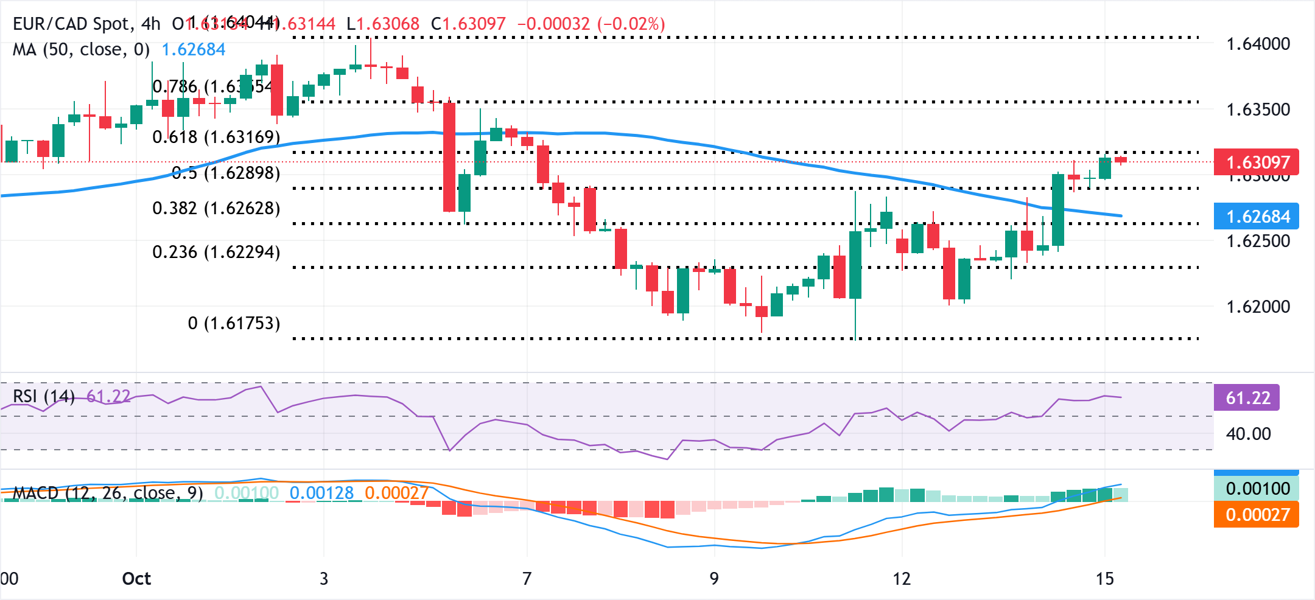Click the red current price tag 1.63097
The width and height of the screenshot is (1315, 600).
pos(1257,162)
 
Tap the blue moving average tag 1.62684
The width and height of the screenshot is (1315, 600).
pos(1257,217)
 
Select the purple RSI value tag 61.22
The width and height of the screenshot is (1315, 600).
pos(1247,398)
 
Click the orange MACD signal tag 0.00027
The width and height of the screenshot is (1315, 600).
pos(1257,515)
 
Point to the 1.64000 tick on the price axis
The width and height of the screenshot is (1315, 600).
pos(1258,44)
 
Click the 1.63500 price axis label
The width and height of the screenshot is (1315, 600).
pos(1258,110)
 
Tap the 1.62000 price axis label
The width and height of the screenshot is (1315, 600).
pos(1258,307)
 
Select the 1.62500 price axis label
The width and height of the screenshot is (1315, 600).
pos(1258,241)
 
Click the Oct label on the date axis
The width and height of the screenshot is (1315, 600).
pos(136,579)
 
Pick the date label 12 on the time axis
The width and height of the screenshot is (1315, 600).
pos(902,579)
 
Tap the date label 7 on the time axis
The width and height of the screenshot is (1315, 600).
pos(527,579)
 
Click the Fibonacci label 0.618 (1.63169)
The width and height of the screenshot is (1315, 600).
pos(216,137)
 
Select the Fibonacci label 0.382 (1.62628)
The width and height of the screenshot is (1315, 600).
pos(216,209)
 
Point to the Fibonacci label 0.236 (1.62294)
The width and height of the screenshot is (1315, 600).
pos(216,252)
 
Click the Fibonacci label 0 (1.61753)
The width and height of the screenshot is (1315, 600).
pos(234,323)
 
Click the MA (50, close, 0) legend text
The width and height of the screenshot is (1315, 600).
pos(81,49)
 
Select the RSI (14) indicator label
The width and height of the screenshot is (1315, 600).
pos(43,397)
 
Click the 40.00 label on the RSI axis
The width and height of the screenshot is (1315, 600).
pos(1248,434)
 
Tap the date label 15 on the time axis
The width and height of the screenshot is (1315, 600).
pos(1104,579)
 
